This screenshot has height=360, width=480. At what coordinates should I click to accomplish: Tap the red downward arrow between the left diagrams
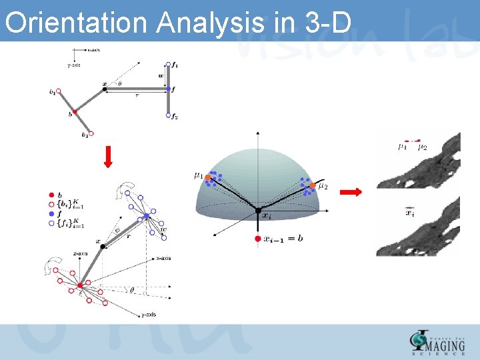pos(109,157)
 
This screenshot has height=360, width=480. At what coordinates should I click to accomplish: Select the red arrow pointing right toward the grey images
pos(351,193)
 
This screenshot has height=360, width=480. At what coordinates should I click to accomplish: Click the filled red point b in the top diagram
pos(75,113)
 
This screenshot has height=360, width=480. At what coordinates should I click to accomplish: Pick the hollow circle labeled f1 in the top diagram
pos(169,65)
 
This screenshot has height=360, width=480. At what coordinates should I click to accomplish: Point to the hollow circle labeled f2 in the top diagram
pos(169,115)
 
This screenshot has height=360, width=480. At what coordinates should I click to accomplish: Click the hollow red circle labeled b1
pos(59,91)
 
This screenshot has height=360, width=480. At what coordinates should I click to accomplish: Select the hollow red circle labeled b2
pos(91,134)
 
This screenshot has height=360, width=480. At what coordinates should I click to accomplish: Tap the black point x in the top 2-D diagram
pos(105,89)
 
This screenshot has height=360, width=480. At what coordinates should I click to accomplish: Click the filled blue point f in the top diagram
pos(169,89)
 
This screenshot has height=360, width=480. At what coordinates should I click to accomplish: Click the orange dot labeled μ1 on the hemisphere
pos(208,177)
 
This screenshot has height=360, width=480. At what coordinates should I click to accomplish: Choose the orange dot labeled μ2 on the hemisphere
pos(312,185)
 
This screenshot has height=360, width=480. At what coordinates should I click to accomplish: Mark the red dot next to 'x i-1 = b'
pos(257,238)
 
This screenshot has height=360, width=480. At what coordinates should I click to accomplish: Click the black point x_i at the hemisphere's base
pos(258,211)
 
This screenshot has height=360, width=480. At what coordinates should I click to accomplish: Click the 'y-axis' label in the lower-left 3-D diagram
pos(149,315)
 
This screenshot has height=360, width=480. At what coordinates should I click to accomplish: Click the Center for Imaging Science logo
pos(437,341)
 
